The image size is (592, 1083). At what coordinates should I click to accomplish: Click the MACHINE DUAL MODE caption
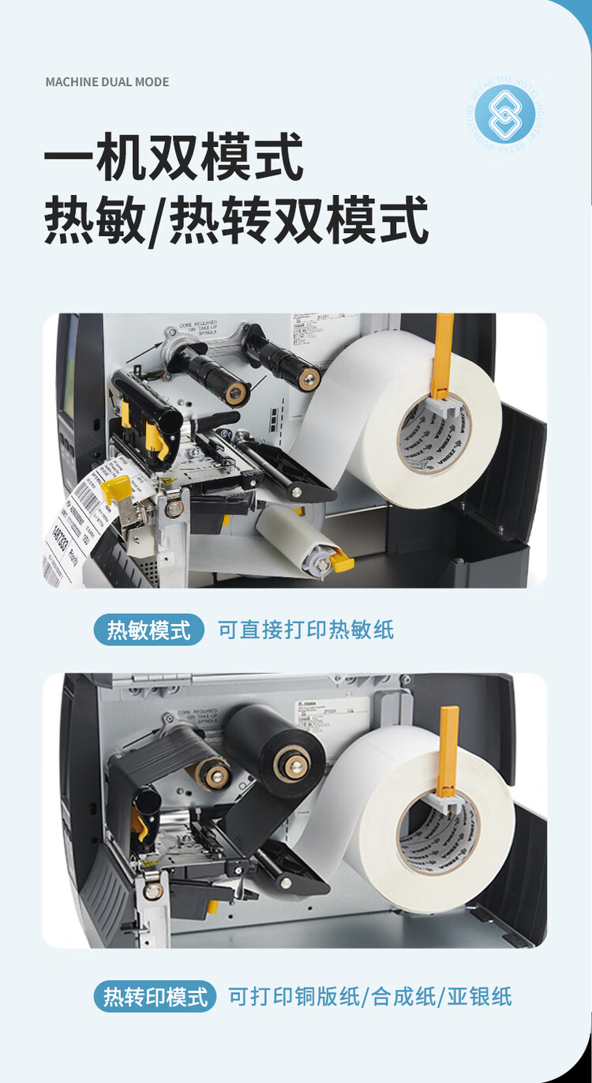coord(107,82)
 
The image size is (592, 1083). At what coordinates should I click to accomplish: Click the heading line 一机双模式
coord(174,157)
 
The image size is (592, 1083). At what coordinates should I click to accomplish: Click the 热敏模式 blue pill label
coord(148,630)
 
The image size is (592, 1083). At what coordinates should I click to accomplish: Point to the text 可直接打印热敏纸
coord(305,630)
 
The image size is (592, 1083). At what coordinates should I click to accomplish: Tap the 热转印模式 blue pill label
coord(155,996)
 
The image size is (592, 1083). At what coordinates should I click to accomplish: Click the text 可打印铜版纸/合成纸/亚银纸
coord(369,996)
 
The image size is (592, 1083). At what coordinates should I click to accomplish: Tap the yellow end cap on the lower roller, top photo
coord(343,563)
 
